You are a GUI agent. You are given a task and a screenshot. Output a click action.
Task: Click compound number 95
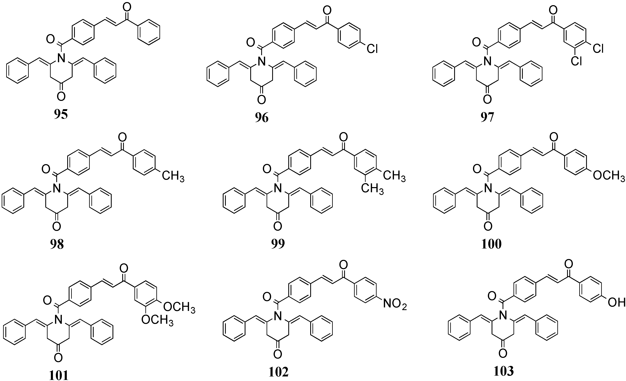(61, 115)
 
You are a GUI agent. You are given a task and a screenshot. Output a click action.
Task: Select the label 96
(262, 118)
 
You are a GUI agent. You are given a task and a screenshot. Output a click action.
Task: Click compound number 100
(491, 244)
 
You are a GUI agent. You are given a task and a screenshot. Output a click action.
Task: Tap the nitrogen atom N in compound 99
(278, 188)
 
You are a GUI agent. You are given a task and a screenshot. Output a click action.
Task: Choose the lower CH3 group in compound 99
(372, 189)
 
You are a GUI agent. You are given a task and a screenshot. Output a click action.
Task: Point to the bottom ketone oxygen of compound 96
(261, 100)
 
